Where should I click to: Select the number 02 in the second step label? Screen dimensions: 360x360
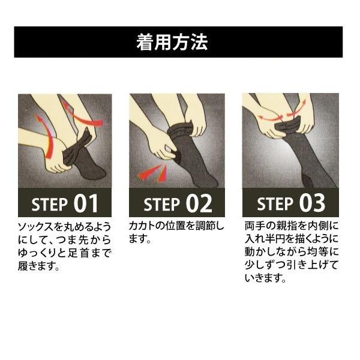pyautogui.click(x=199, y=204)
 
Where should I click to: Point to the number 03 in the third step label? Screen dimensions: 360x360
pyautogui.click(x=312, y=204)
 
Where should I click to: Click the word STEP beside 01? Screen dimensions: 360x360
pyautogui.click(x=50, y=205)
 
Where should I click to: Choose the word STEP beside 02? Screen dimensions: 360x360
pyautogui.click(x=162, y=205)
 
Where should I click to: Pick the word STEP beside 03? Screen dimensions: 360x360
pyautogui.click(x=275, y=205)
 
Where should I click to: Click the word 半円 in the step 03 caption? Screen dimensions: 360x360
pyautogui.click(x=280, y=240)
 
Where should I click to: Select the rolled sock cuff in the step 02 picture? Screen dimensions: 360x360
pyautogui.click(x=181, y=129)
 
